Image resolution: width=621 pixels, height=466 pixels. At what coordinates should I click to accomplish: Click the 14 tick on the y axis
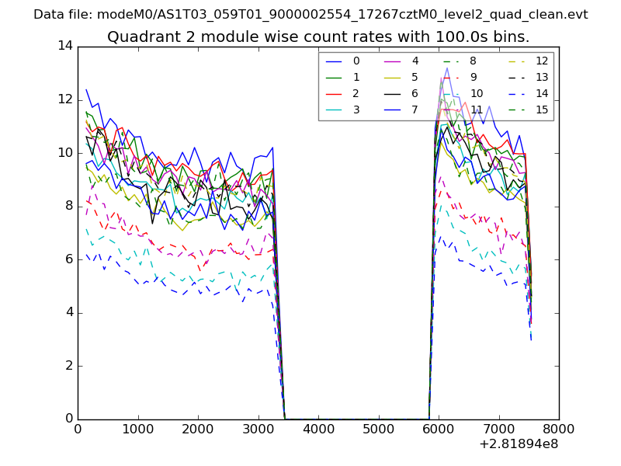65,46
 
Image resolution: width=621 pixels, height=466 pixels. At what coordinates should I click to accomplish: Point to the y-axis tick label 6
69,259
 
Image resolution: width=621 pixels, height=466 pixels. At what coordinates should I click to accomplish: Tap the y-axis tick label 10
65,152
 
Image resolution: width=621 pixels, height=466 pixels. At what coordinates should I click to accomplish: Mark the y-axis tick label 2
69,365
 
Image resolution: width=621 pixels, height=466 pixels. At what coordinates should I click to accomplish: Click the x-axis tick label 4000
318,429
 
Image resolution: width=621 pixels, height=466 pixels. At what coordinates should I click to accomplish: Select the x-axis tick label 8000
559,429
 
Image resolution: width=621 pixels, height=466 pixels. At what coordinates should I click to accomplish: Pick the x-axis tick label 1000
137,429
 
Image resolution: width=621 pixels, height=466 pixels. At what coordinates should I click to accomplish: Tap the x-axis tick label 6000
439,429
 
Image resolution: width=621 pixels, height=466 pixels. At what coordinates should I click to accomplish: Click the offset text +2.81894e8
519,445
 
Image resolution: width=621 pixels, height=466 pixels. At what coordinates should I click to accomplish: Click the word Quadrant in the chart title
138,37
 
